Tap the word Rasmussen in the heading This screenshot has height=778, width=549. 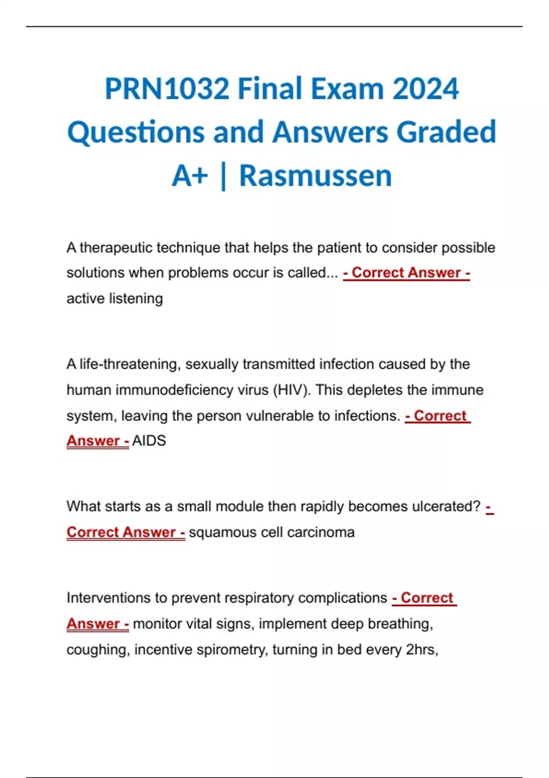(315, 176)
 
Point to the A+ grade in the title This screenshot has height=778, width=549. (190, 176)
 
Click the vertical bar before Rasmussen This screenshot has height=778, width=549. (223, 176)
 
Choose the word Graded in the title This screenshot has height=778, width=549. (446, 132)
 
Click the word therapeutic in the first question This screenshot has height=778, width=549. (116, 248)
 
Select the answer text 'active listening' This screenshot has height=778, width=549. (114, 298)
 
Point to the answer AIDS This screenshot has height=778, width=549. (149, 441)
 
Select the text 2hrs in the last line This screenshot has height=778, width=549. (422, 649)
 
